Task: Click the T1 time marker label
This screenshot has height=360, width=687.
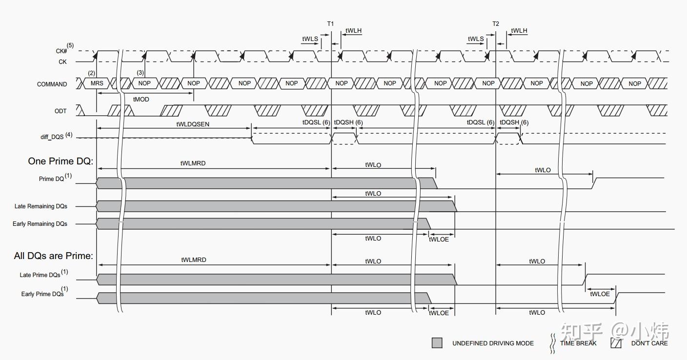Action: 330,23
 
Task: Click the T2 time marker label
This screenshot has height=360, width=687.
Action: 496,23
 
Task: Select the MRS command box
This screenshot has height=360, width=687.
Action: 97,83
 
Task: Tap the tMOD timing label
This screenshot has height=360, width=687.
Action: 141,100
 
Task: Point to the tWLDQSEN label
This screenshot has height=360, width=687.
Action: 192,124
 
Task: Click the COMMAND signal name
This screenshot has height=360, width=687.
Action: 52,84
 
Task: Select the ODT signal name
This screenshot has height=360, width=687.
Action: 61,111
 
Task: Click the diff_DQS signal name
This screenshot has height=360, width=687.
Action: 52,137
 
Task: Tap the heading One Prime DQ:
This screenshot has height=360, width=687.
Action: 61,161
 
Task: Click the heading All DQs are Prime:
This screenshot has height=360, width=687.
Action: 53,256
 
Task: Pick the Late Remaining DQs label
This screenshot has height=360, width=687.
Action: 41,206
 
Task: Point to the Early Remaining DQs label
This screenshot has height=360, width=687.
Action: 40,224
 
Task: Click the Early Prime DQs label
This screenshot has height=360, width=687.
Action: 42,294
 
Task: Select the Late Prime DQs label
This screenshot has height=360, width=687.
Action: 40,275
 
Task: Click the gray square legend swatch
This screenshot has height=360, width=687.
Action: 437,343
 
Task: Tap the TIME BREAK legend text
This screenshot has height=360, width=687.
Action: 578,343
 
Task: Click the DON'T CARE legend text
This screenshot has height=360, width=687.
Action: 649,343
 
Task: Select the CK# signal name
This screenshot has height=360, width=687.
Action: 61,51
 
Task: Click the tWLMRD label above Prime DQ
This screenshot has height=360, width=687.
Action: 193,163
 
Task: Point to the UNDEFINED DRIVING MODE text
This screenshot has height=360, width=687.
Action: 493,343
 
